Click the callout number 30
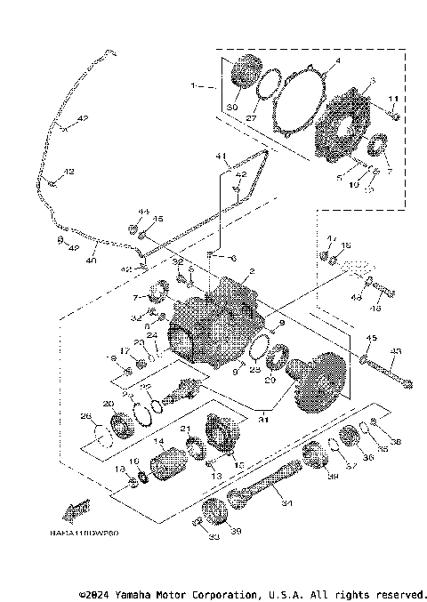pyautogui.click(x=232, y=107)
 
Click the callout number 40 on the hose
pyautogui.click(x=90, y=261)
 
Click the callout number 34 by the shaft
pyautogui.click(x=286, y=503)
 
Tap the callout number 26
pyautogui.click(x=85, y=416)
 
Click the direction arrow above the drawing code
pyautogui.click(x=77, y=510)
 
